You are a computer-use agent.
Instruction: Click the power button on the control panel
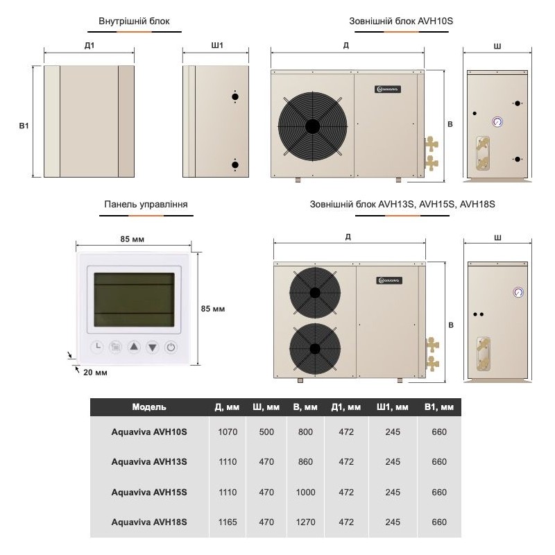pos(171,347)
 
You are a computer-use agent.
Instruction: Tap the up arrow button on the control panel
pos(134,347)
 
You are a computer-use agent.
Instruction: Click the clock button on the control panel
pos(97,347)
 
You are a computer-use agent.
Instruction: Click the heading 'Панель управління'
pos(146,205)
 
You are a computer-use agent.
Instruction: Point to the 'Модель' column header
pos(149,407)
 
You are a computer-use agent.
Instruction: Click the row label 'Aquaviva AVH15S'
pos(149,492)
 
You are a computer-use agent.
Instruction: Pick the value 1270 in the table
pos(305,522)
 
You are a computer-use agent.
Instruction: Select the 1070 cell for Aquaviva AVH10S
pos(228,432)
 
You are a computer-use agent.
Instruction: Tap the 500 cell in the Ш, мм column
pos(267,432)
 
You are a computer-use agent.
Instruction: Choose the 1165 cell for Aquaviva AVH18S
pos(228,522)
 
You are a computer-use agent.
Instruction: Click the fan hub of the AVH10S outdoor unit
pos(311,126)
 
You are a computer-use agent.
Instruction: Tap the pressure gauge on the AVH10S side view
pos(498,121)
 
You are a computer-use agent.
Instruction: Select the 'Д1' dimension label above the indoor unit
pos(88,46)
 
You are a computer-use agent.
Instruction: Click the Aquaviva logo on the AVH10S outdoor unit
pos(388,88)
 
